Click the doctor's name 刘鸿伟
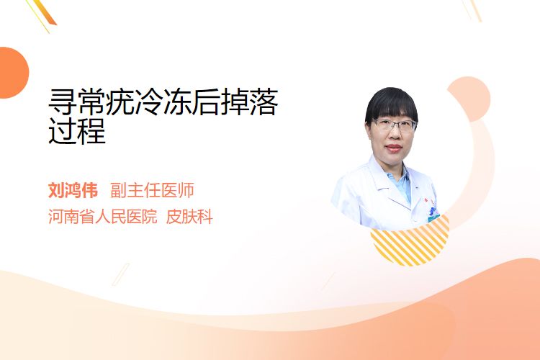73,191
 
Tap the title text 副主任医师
152,191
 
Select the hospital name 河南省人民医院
103,217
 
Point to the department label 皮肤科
189,217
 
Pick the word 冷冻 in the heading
149,102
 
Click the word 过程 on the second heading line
77,130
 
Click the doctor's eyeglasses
395,125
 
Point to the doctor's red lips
394,148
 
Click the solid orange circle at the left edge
14,73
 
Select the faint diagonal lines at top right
472,10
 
